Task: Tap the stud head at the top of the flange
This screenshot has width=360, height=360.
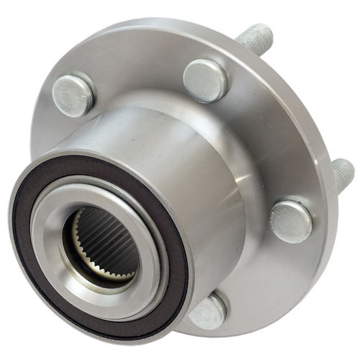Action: click(205, 80)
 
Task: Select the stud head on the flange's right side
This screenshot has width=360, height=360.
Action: click(291, 221)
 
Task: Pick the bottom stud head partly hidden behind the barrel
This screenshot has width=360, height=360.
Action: click(210, 311)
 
